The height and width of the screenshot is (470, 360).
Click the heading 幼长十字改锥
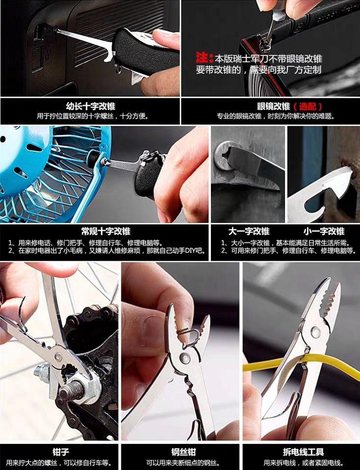91,106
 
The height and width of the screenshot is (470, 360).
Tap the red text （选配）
308,106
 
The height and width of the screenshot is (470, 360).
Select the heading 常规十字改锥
106,231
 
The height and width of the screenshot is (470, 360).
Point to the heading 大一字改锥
249,231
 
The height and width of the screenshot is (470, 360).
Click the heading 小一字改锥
324,231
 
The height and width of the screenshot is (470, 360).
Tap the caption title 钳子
61,452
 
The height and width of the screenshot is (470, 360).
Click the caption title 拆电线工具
303,452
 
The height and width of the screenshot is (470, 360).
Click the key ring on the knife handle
118,68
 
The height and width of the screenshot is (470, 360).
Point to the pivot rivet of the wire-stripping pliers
315,331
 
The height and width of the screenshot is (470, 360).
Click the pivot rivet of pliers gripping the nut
58,357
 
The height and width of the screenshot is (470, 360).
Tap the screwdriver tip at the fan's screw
104,162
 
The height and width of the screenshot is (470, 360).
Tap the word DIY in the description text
191,251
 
